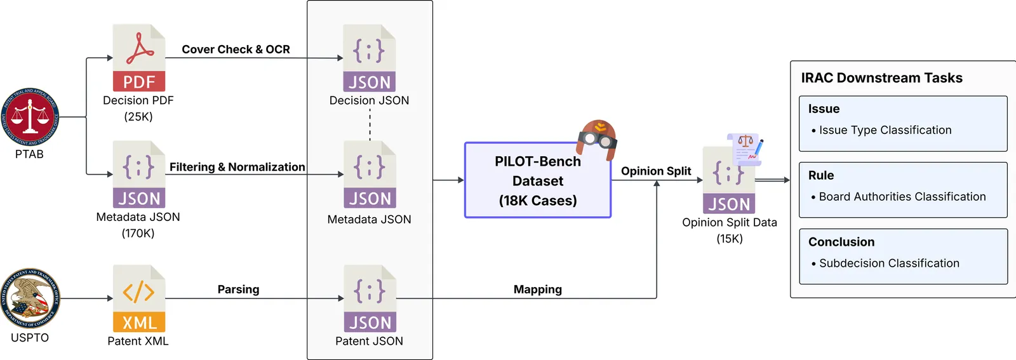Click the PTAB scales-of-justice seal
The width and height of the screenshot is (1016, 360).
pos(30,117)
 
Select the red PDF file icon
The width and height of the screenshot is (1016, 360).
pos(139,58)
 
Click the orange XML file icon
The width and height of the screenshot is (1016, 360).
pos(139,298)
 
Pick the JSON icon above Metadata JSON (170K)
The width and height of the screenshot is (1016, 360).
pos(139,175)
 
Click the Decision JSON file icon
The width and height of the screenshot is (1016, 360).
pos(369,58)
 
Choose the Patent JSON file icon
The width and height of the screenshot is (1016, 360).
pos(370,298)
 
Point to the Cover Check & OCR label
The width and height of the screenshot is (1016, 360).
pos(236,50)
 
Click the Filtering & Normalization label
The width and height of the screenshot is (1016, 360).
pos(237,167)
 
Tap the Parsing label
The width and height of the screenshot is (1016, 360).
pos(238,290)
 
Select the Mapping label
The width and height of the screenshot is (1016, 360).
pos(537,290)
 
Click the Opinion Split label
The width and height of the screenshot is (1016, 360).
pos(656,171)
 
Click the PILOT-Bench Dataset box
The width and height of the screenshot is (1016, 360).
pos(537,181)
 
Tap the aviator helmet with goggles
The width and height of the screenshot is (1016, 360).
pos(598,138)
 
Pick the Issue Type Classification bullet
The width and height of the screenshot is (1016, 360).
pos(885,130)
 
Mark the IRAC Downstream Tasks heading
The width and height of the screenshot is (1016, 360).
pos(881,78)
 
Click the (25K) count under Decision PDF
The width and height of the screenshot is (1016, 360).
pos(138,117)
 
